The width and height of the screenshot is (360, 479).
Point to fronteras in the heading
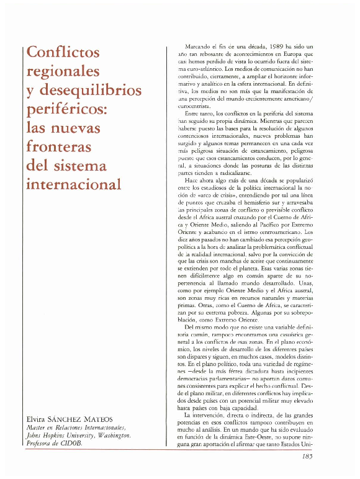click(60, 148)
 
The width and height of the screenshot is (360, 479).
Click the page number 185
click(304, 457)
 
